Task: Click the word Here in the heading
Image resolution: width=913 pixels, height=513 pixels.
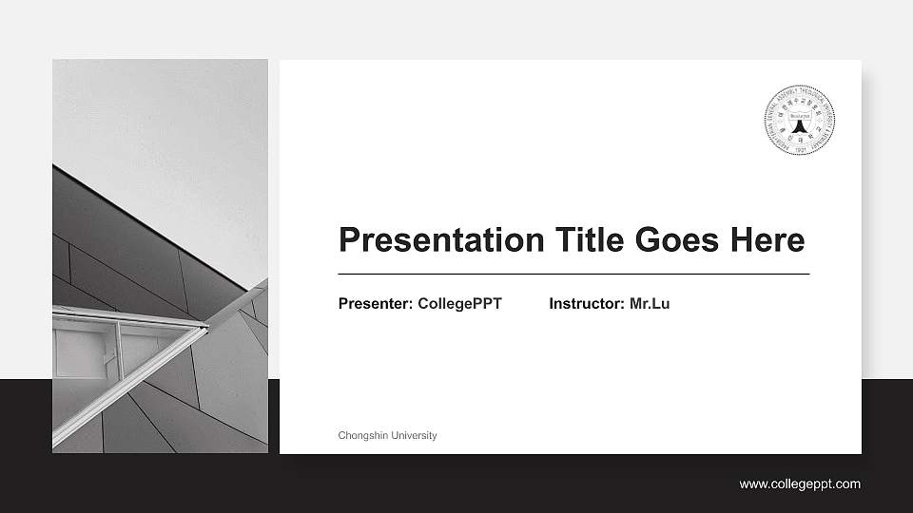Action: pyautogui.click(x=767, y=240)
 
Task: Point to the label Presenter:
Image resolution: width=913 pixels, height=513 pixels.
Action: pyautogui.click(x=376, y=304)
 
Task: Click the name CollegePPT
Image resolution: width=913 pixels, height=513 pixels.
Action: pyautogui.click(x=459, y=304)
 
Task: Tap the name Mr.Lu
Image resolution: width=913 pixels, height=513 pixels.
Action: pyautogui.click(x=650, y=304)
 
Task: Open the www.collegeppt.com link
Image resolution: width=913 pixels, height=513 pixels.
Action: pyautogui.click(x=800, y=484)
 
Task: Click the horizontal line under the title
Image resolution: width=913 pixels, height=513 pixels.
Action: pyautogui.click(x=573, y=274)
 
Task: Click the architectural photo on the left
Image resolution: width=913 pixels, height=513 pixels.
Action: pyautogui.click(x=160, y=190)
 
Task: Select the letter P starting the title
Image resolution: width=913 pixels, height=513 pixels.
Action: pyautogui.click(x=349, y=240)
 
